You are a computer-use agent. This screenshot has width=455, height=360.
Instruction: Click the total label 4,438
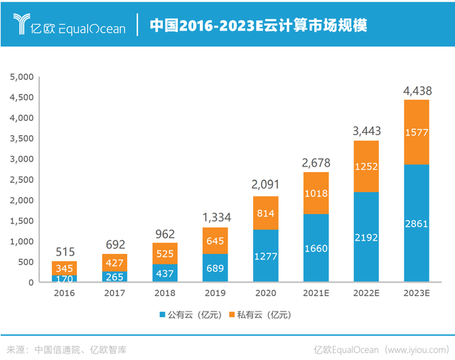417,91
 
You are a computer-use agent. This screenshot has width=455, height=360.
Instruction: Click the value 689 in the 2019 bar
215,268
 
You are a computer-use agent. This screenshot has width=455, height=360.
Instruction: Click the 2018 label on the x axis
165,292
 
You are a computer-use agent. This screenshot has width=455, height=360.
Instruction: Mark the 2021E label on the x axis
316,292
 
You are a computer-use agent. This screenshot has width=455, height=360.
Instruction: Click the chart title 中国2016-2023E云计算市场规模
259,26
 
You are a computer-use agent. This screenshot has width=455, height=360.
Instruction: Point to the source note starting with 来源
67,349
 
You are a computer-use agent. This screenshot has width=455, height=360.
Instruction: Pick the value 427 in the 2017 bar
115,263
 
